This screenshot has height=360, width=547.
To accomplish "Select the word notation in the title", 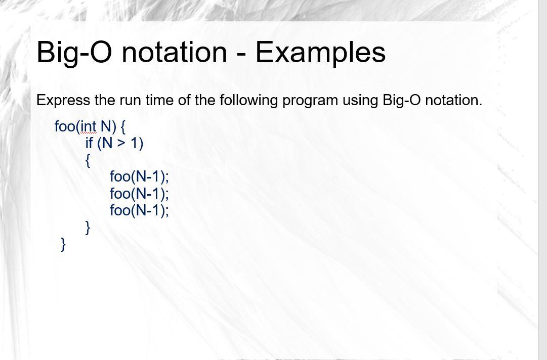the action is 175,52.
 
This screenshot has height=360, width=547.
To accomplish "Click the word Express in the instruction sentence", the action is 63,101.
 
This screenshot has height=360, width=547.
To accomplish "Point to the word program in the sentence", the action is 310,101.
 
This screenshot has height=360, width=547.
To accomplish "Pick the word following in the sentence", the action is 248,101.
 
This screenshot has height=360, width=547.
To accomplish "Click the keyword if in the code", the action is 89,143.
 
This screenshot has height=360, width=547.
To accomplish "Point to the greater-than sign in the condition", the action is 120,143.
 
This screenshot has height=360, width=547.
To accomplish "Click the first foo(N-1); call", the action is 139,176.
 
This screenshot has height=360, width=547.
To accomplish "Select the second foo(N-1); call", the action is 139,194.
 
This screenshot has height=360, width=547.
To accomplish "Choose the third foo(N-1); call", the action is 139,210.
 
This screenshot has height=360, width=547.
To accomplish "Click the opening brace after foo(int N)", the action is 123,127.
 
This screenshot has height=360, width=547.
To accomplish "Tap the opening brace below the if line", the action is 88,161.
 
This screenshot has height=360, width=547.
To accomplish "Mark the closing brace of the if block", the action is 88,228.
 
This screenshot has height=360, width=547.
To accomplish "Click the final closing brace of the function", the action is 63,244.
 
